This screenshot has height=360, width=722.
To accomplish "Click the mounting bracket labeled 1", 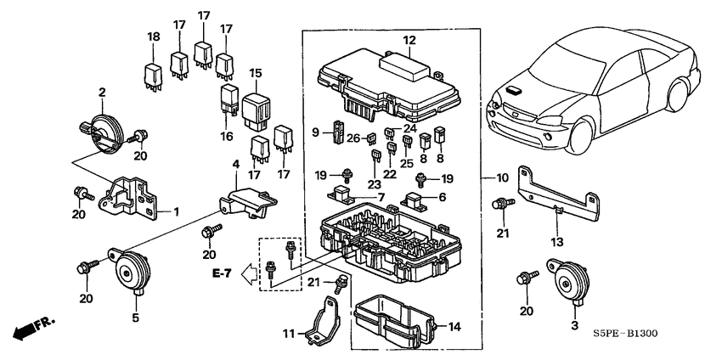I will tap(127, 194).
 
